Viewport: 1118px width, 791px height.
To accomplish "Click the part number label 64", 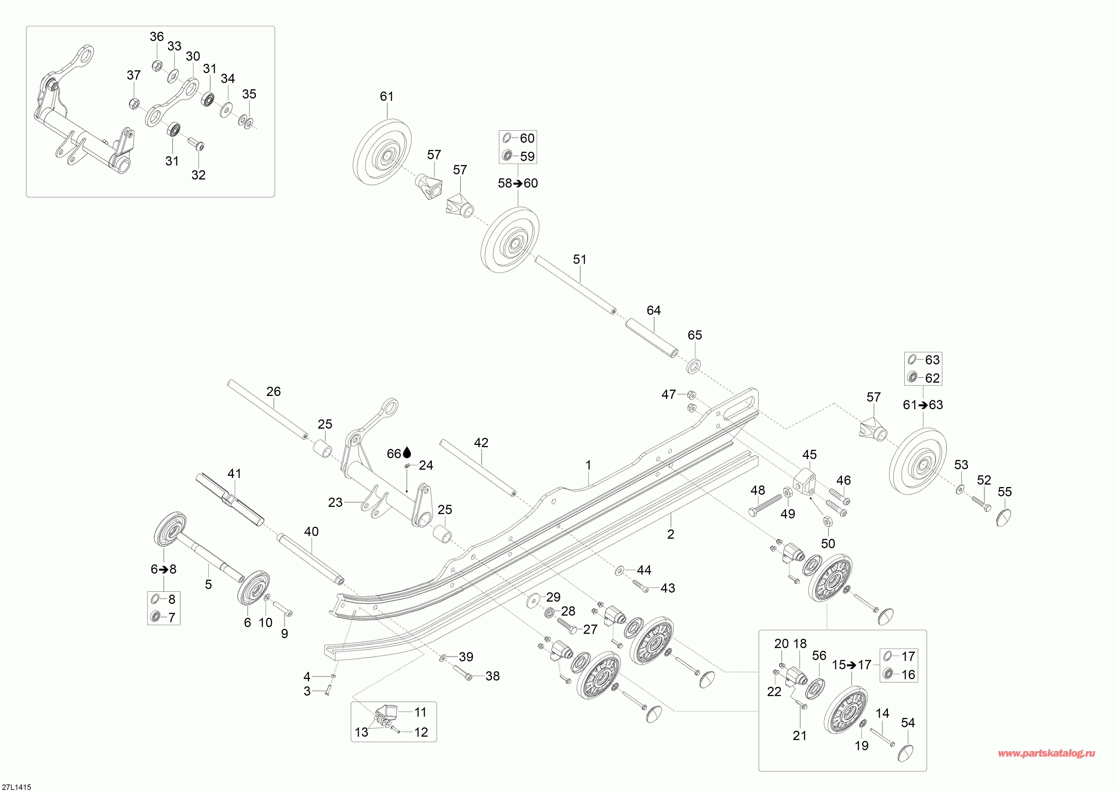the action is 654,310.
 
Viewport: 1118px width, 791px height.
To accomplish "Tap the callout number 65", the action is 695,335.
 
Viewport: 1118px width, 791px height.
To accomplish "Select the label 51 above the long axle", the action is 579,259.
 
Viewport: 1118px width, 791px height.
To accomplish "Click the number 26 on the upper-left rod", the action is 274,391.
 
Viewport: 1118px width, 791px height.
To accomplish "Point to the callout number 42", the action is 481,442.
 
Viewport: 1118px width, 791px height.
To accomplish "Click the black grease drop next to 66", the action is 407,453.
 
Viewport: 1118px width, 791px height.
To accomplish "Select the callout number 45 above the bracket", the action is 809,454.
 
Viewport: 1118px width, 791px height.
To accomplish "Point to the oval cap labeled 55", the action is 1004,517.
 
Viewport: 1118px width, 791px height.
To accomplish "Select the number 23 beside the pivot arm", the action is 335,502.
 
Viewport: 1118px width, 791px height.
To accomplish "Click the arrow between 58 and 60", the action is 518,183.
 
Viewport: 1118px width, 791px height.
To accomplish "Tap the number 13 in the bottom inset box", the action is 361,732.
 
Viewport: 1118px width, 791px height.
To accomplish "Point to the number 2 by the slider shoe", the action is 670,534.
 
